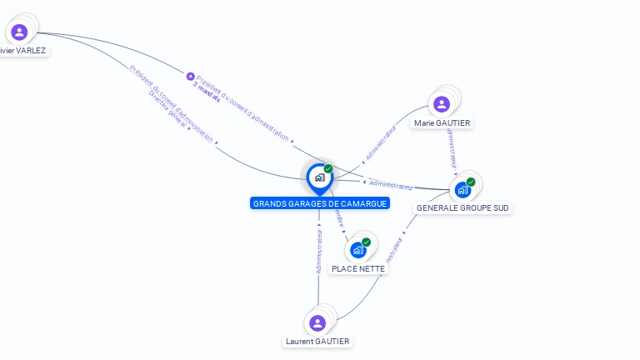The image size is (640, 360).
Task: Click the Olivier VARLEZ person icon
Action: point(19,32)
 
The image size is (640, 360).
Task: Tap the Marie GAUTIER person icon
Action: point(442,104)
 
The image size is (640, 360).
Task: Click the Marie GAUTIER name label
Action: point(442,123)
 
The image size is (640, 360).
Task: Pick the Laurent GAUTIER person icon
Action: point(317,323)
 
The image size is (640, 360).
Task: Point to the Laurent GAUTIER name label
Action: point(317,342)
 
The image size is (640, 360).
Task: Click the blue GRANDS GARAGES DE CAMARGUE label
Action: point(320,203)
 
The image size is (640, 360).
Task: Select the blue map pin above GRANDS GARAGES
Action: point(319,177)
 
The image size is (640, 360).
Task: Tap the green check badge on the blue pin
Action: point(328,168)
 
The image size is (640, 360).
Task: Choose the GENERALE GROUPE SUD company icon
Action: point(462,190)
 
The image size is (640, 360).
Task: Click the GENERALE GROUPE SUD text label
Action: point(462,208)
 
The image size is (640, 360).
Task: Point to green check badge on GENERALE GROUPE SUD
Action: point(471,182)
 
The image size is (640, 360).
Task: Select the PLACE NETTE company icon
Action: point(358,250)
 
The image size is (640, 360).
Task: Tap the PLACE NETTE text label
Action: point(358,269)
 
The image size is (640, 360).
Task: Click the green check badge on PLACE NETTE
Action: point(367,242)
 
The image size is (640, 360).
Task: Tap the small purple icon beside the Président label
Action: point(190,77)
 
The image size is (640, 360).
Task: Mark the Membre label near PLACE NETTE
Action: point(339,220)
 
